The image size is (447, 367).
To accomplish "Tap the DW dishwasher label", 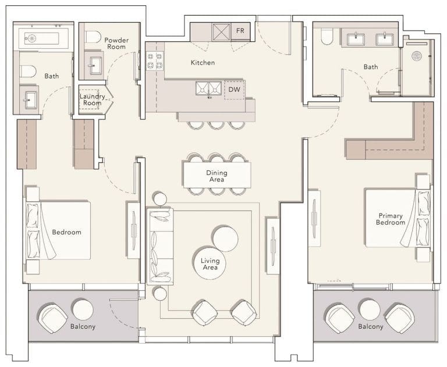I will pyautogui.click(x=234, y=90).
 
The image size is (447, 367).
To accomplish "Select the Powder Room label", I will pyautogui.click(x=116, y=44).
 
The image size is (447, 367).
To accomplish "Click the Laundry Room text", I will pyautogui.click(x=91, y=100).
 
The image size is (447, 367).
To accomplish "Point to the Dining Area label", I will pyautogui.click(x=217, y=176).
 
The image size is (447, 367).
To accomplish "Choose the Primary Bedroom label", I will pyautogui.click(x=390, y=219).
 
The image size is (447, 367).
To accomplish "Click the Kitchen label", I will pyautogui.click(x=203, y=62).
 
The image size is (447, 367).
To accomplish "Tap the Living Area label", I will pyautogui.click(x=210, y=264).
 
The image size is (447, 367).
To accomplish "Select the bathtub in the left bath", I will pyautogui.click(x=42, y=39).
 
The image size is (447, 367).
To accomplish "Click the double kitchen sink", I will pyautogui.click(x=208, y=89).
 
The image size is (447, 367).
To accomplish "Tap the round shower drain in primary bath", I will pyautogui.click(x=416, y=56).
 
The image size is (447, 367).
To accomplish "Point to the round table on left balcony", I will pyautogui.click(x=83, y=309).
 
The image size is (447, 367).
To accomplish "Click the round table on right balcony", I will pyautogui.click(x=369, y=309).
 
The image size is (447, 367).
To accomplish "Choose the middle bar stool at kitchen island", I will pyautogui.click(x=216, y=124).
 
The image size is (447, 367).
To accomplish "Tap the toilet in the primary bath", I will pyautogui.click(x=325, y=38).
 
